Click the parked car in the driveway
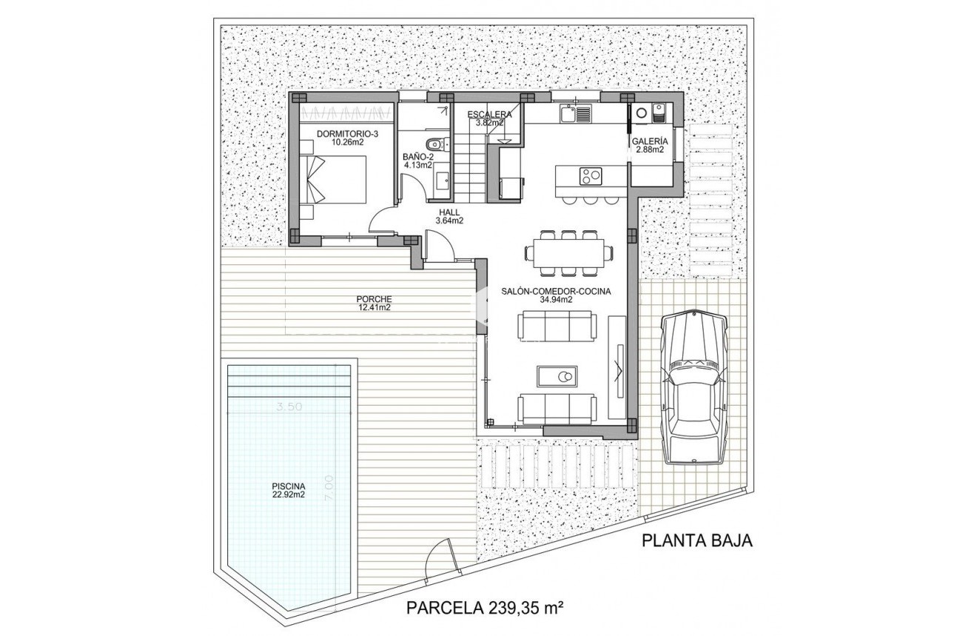(694, 386)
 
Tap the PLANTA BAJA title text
(696, 540)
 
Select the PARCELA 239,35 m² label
(486, 608)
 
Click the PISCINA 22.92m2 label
(288, 491)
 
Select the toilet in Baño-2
(434, 143)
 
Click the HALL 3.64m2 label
(449, 215)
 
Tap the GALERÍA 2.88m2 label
(650, 145)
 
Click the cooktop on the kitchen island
(590, 176)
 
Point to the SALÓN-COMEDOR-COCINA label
(555, 295)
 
